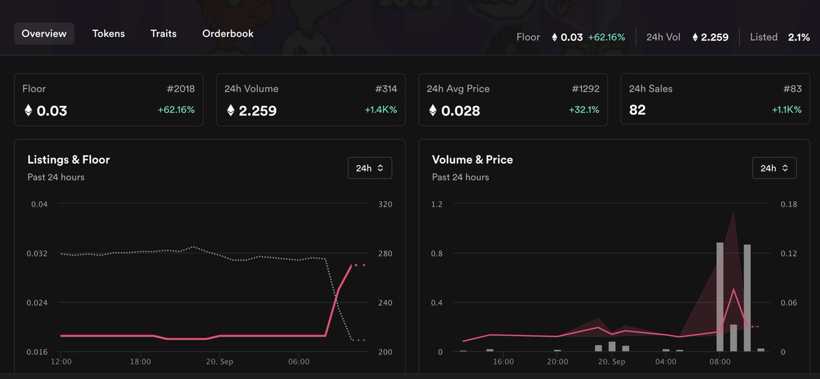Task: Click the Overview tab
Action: coord(44,34)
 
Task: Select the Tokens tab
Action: coord(109,34)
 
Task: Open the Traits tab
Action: coord(163,34)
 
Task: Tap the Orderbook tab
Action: coord(228,34)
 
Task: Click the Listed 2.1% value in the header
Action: coord(799,38)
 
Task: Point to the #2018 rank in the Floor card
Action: coord(181,89)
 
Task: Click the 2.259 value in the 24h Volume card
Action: coord(258,110)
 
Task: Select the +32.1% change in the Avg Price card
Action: coord(584,109)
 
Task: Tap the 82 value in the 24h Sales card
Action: coord(638,110)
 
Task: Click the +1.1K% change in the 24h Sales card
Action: coord(787,109)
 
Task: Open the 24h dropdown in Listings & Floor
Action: coord(370,168)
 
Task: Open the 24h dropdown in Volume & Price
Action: coord(774,168)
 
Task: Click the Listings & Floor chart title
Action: coord(68,160)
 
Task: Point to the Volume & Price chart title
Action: coord(472,160)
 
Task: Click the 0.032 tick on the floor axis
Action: coord(37,254)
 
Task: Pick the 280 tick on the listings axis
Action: coord(385,254)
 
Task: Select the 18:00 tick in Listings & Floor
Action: coord(140,362)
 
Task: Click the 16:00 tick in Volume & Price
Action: coord(504,362)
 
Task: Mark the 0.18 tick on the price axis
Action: coord(789,205)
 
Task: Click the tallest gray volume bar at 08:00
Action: coord(720,297)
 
